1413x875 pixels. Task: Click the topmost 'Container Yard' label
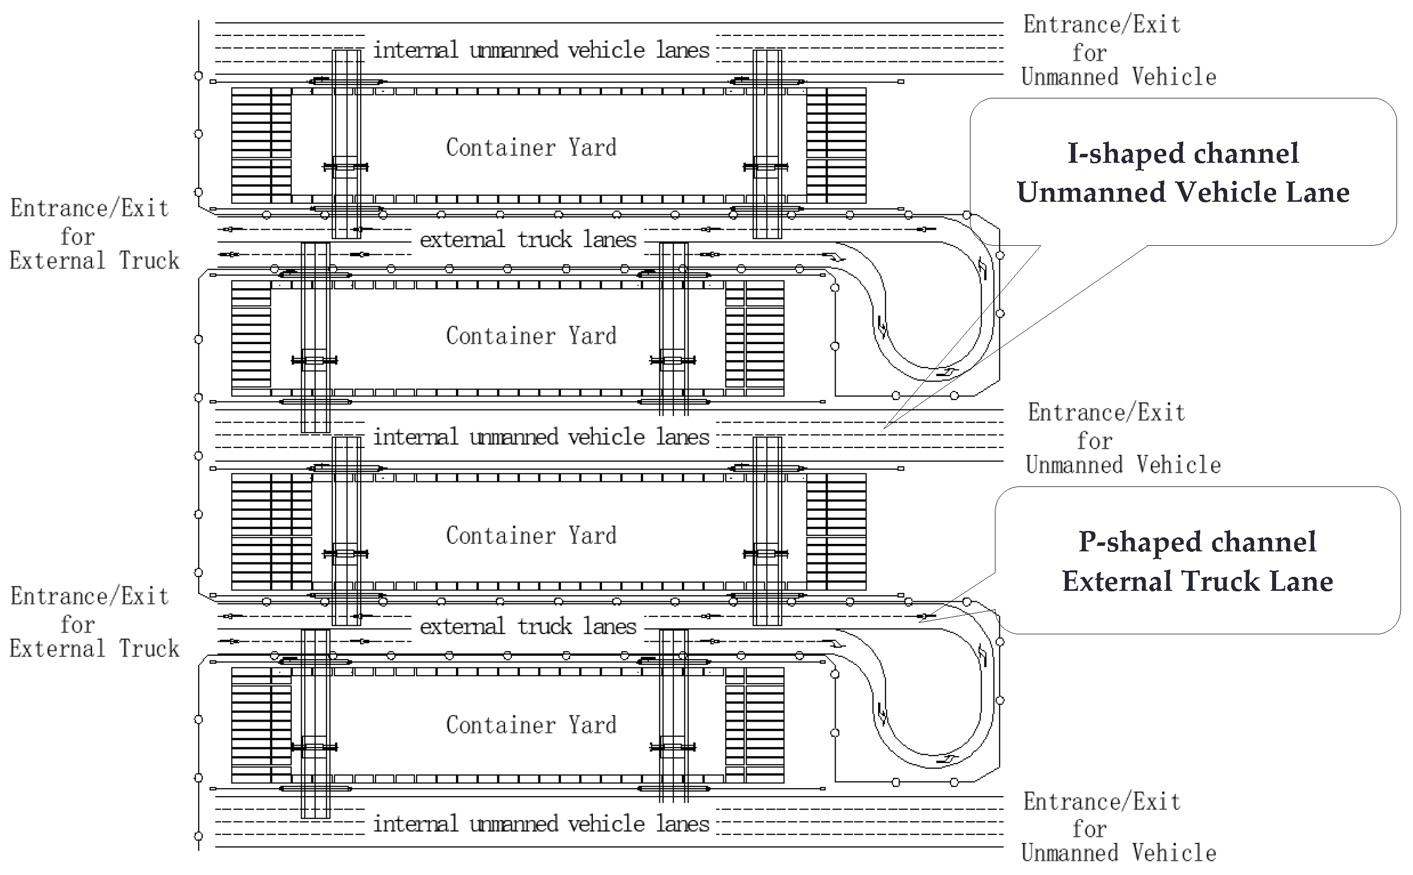pos(531,147)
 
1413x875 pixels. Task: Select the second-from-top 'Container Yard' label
pos(531,336)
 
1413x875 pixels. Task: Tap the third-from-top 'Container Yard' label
pos(531,535)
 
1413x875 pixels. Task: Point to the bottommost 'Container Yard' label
pos(531,725)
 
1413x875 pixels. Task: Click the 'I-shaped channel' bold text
pos(1183,154)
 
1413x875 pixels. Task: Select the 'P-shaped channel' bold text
pos(1197,542)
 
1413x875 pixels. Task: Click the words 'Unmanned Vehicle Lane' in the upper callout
pos(1183,193)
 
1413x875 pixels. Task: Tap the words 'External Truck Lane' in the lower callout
pos(1197,581)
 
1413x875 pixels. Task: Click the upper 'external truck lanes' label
pos(528,240)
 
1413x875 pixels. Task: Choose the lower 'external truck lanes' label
pos(528,626)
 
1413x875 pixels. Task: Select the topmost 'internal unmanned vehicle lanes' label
pos(541,50)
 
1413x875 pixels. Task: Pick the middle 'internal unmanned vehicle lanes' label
pos(541,437)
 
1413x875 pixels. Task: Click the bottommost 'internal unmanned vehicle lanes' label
pos(541,824)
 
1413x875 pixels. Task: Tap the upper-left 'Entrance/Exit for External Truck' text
pos(92,234)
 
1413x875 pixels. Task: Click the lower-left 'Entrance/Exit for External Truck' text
pos(92,622)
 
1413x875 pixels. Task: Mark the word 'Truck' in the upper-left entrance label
pos(149,260)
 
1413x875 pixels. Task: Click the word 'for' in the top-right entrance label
pos(1089,53)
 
